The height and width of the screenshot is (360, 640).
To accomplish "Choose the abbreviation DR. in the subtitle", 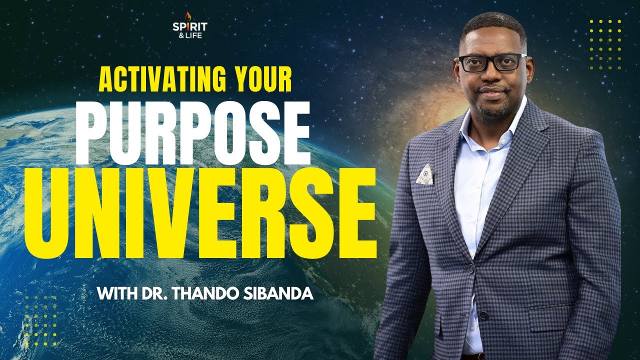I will [157, 292].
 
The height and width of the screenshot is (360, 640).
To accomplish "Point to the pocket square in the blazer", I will [425, 174].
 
